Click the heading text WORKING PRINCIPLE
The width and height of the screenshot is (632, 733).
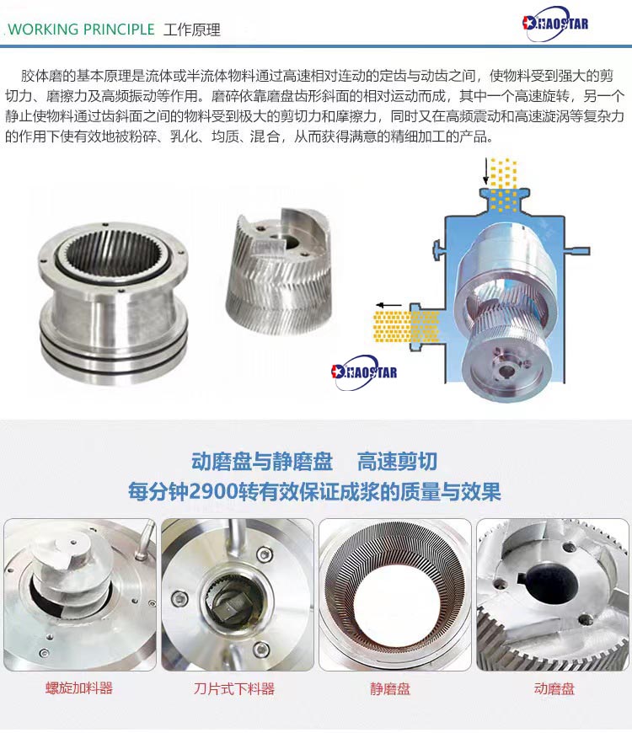point(82,29)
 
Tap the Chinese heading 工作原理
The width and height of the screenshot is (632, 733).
point(191,30)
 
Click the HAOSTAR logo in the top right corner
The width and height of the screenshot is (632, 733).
point(555,23)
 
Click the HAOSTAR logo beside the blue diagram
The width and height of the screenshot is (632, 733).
point(364,372)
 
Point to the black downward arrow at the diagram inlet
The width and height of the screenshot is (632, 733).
point(486,171)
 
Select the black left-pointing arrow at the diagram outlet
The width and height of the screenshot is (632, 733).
point(389,305)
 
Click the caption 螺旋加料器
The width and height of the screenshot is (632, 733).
point(79,688)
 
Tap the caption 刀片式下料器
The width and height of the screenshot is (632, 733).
point(233,688)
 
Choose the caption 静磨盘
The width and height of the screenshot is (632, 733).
point(390,688)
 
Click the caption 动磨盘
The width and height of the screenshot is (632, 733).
point(554,688)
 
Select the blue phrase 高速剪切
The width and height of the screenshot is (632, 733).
point(398,462)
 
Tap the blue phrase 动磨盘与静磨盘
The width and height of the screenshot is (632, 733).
point(262,462)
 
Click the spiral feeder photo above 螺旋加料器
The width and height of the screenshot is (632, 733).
point(80,595)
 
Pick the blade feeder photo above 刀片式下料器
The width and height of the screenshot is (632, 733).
point(238,595)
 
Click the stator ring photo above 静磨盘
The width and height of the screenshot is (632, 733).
point(395,595)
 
